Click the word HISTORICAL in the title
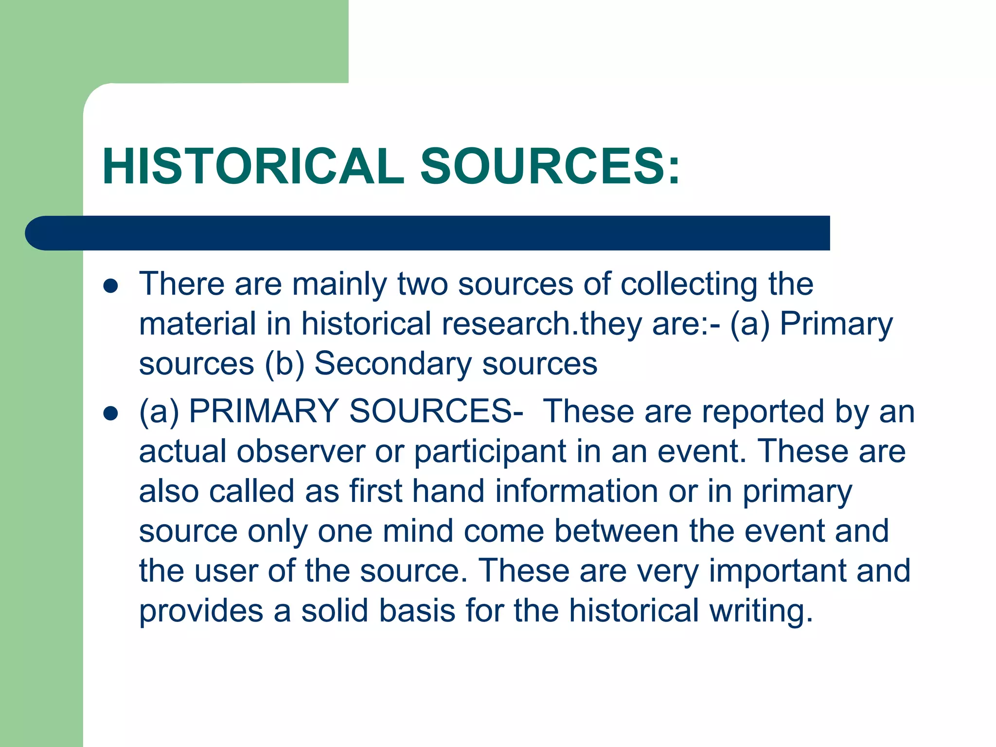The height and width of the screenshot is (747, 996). pyautogui.click(x=253, y=166)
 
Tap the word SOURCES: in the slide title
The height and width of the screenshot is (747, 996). pyautogui.click(x=550, y=166)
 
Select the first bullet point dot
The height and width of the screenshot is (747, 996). pyautogui.click(x=111, y=286)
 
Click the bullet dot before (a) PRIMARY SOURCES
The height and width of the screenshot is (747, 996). pyautogui.click(x=111, y=413)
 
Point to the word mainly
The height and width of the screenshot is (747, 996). pyautogui.click(x=339, y=284)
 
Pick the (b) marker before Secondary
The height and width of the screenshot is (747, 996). pyautogui.click(x=285, y=364)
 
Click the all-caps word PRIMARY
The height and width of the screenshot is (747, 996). pyautogui.click(x=264, y=411)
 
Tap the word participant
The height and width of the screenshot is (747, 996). pyautogui.click(x=490, y=452)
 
